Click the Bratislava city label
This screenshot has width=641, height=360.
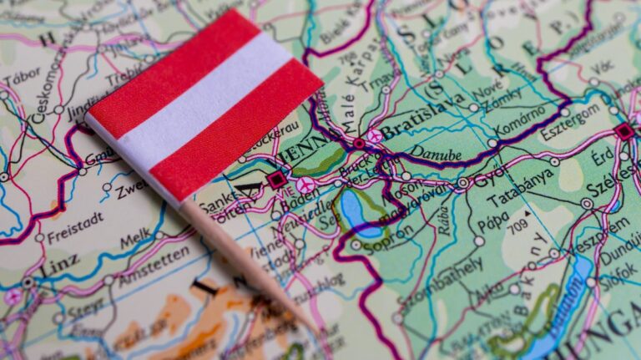[x=421, y=115]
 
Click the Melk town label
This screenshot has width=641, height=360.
[x=134, y=240]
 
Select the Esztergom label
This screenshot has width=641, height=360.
[x=570, y=121]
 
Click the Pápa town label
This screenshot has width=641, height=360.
[x=492, y=225]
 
